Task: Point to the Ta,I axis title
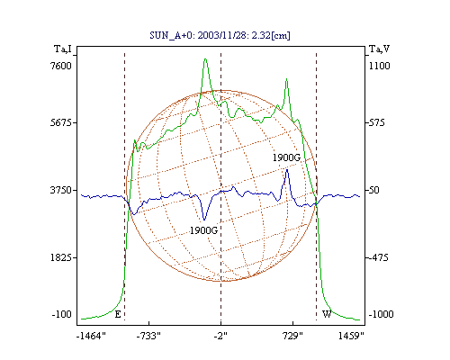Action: coord(63,49)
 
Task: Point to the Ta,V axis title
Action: coord(379,49)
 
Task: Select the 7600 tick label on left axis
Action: coord(61,66)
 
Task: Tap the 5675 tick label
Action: coord(61,122)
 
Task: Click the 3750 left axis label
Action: coord(61,190)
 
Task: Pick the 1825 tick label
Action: coord(61,257)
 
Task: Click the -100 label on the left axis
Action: coord(62,314)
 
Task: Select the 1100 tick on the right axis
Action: coord(380,66)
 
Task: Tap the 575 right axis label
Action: coord(377,122)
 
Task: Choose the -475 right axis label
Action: coord(379,257)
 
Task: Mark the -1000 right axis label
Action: coord(381,314)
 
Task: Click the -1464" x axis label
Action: coord(91,336)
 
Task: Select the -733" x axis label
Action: coord(148,336)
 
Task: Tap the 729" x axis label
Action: coord(292,336)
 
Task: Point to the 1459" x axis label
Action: coord(351,336)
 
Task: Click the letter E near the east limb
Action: coord(118,314)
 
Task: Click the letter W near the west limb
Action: coord(327,314)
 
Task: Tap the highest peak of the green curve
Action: coord(205,58)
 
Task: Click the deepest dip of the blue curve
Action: coord(204,220)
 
